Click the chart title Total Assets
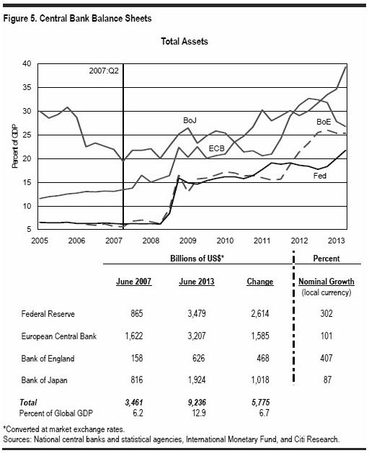click(184, 41)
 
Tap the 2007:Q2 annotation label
click(104, 71)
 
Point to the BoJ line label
click(190, 120)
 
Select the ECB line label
click(217, 148)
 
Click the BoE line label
click(324, 122)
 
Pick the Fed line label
click(320, 176)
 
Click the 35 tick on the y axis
click(27, 88)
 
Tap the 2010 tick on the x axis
click(225, 241)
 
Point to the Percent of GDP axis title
click(14, 146)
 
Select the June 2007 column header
click(133, 282)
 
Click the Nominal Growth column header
click(326, 282)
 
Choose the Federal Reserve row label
click(48, 314)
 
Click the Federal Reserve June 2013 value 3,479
click(197, 314)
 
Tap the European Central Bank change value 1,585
click(260, 336)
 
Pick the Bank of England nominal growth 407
click(326, 358)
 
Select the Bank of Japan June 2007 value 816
click(137, 380)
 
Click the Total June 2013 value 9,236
click(197, 403)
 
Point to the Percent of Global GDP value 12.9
click(199, 413)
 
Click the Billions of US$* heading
click(197, 259)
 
